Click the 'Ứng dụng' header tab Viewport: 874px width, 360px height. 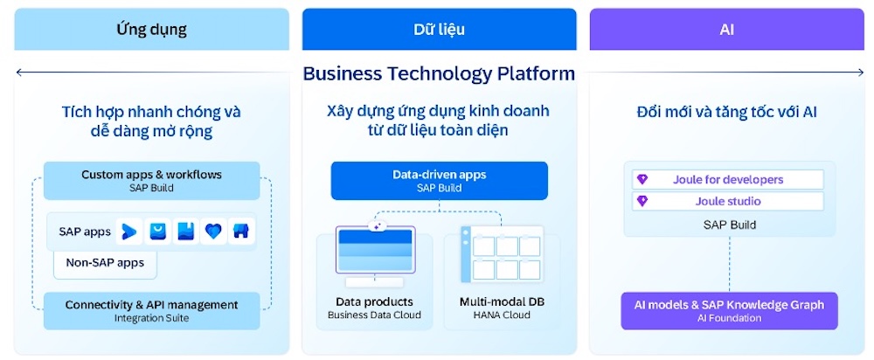click(x=151, y=30)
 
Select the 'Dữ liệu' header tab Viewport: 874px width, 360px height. click(x=439, y=30)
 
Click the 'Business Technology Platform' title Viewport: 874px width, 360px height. click(x=439, y=73)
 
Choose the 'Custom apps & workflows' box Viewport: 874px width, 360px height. click(x=151, y=180)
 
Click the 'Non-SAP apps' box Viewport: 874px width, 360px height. click(x=105, y=261)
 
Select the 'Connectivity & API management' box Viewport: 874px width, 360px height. click(x=151, y=310)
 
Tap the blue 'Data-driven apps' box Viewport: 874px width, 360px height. click(x=439, y=180)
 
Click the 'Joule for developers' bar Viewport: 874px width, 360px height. click(x=727, y=179)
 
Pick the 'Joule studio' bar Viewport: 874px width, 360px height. click(x=727, y=201)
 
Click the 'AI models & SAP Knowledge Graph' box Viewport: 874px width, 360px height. click(x=729, y=310)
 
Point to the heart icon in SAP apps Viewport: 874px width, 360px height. click(x=212, y=232)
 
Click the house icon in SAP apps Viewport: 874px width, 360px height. click(x=240, y=232)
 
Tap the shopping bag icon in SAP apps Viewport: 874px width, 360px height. click(x=157, y=232)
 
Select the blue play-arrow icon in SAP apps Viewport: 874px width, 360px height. click(x=129, y=232)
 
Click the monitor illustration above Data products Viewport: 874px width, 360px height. click(x=374, y=254)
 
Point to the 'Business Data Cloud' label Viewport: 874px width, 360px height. click(x=374, y=315)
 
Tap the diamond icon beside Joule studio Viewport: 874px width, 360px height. click(x=642, y=201)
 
